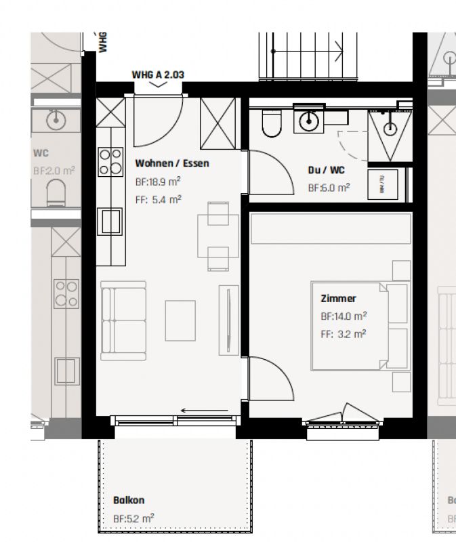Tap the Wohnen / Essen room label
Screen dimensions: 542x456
tap(172, 163)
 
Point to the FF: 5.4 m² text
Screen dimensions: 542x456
tap(158, 199)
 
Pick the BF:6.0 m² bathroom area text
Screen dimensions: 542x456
tap(329, 188)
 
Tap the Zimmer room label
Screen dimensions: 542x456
tap(338, 298)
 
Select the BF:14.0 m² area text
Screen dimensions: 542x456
tap(344, 316)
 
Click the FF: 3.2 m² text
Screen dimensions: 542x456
tap(343, 333)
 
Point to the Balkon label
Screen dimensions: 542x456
tap(129, 500)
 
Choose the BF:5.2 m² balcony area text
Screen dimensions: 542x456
tap(133, 518)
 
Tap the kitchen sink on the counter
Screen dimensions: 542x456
tap(110, 221)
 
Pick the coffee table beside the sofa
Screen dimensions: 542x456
tap(180, 320)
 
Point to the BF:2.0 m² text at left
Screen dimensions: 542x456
tap(53, 171)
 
